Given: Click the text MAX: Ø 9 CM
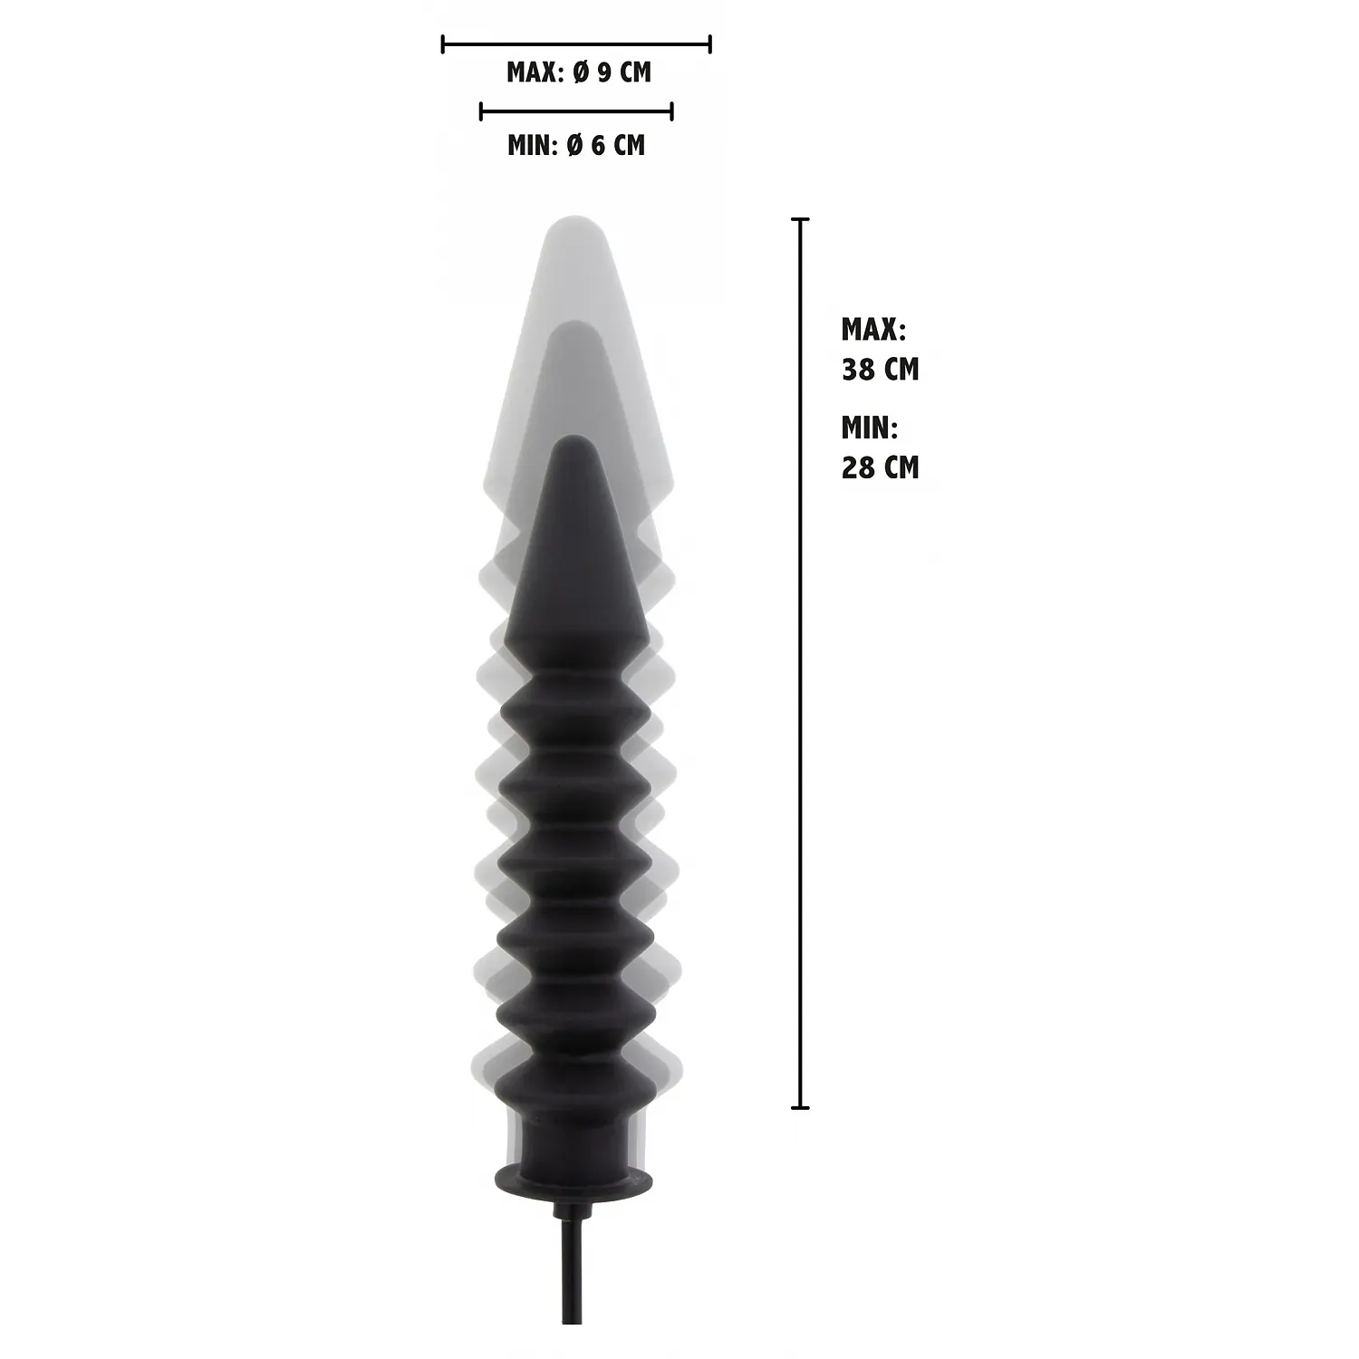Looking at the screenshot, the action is pos(579,72).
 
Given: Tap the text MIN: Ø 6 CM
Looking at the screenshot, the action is pos(576,144).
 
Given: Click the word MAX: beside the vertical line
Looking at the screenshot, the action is pos(873,329).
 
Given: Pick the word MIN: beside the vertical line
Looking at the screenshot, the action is pos(870,427).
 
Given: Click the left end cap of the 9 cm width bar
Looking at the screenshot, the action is pos(443,43).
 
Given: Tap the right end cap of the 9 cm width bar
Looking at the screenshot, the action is pos(710,43).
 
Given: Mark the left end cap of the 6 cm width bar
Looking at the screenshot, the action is pos(481,111).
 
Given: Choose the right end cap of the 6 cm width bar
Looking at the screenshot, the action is pos(671,111).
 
